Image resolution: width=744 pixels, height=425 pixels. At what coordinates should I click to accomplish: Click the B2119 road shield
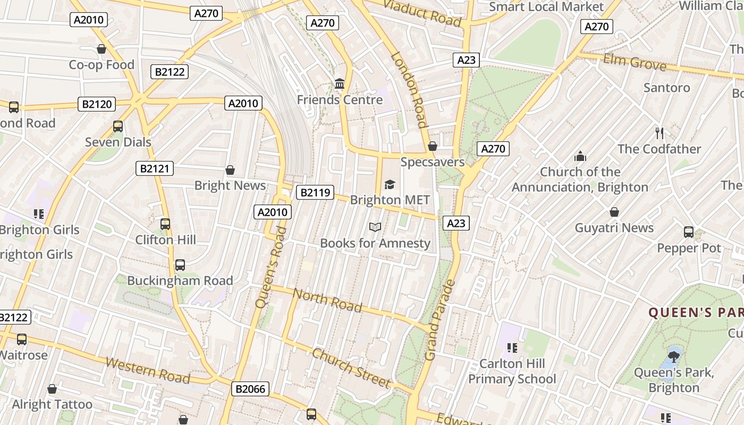[x=316, y=192]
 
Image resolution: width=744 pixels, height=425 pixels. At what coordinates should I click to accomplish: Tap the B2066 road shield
[x=250, y=389]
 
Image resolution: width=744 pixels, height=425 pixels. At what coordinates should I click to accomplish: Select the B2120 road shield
[x=97, y=104]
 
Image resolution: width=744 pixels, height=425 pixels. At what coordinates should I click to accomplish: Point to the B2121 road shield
[x=154, y=169]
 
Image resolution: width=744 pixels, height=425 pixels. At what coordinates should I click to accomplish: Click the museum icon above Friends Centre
[x=340, y=84]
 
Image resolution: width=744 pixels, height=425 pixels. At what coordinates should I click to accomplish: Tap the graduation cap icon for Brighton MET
[x=390, y=184]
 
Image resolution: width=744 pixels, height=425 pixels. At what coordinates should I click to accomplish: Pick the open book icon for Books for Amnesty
[x=375, y=227]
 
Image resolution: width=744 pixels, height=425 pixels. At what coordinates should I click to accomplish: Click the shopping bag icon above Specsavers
[x=433, y=146]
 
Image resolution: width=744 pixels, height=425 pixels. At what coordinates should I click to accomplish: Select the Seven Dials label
[x=118, y=142]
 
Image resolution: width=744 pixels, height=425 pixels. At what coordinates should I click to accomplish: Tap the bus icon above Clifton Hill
[x=165, y=224]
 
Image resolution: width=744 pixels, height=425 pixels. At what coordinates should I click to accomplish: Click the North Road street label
[x=327, y=300]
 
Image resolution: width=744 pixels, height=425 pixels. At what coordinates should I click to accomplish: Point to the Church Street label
[x=351, y=367]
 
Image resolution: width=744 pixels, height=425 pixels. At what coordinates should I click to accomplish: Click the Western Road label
[x=148, y=370]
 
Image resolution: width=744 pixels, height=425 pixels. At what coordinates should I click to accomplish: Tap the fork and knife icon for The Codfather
[x=660, y=133]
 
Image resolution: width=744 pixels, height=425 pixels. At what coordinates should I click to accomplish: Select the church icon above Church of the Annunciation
[x=580, y=156]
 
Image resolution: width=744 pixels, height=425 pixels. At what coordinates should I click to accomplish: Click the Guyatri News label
[x=614, y=228]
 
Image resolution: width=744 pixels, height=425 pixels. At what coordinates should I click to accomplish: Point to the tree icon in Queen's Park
[x=674, y=356]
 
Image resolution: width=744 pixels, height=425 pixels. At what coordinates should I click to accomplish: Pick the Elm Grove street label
[x=635, y=62]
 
